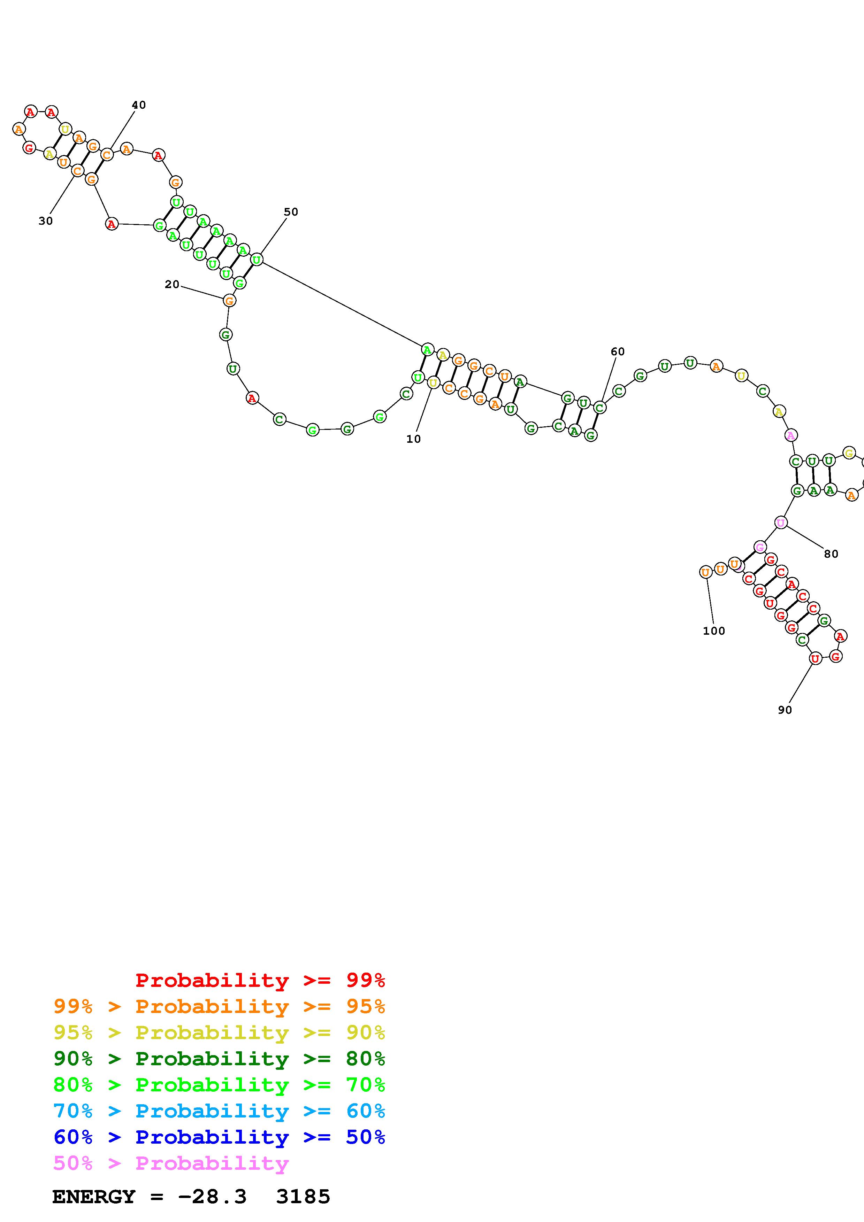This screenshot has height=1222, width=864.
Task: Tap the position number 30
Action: [x=46, y=221]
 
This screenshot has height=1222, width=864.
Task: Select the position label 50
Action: [x=291, y=212]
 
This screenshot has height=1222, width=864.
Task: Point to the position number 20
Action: [x=172, y=285]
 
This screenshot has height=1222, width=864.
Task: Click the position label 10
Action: [x=414, y=439]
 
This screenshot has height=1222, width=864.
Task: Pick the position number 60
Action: [x=618, y=351]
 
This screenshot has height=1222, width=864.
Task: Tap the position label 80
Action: [x=831, y=554]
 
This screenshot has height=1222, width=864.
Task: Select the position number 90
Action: [x=785, y=710]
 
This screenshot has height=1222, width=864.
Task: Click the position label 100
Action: [x=714, y=631]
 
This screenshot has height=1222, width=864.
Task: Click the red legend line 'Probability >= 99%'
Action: [x=260, y=980]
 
